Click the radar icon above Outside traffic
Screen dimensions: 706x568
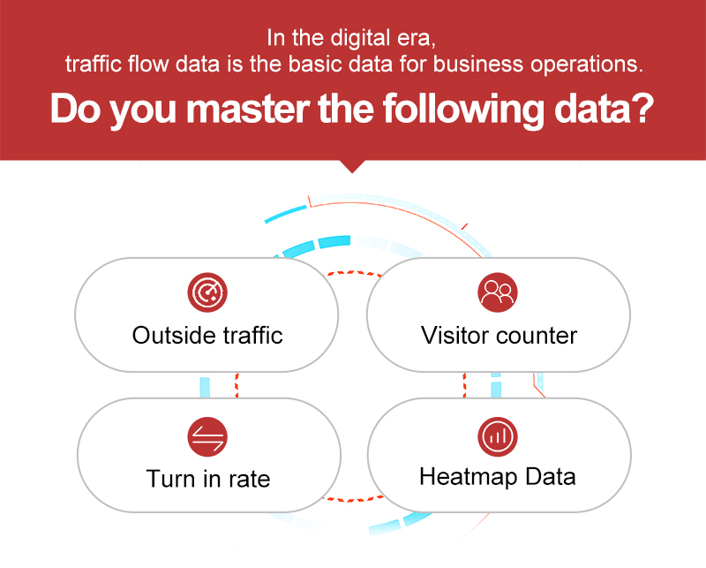click(207, 292)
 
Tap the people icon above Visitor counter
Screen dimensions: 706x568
click(498, 292)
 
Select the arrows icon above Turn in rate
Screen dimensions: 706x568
click(207, 436)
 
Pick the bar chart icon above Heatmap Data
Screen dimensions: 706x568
click(498, 436)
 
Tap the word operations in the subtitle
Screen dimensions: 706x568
click(587, 64)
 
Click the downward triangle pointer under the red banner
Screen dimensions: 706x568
click(352, 166)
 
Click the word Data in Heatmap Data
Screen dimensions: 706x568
click(550, 476)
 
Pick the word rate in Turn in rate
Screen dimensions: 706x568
click(250, 480)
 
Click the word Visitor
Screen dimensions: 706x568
click(454, 336)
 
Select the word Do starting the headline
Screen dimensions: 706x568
click(76, 109)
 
